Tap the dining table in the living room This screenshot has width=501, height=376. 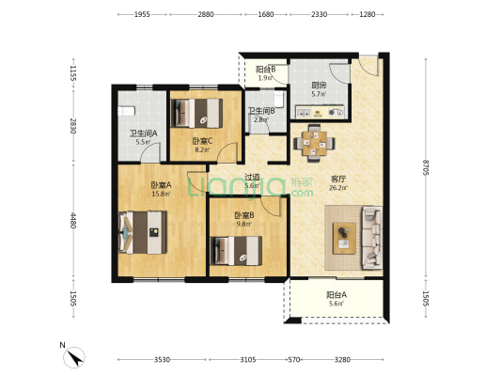tap(315, 143)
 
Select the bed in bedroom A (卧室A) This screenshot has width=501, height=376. tap(143, 232)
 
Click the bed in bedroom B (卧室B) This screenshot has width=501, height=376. tap(236, 251)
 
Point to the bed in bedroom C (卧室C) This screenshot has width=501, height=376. tap(196, 113)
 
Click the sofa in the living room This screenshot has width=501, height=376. tap(372, 238)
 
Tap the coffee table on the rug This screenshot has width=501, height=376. tap(344, 239)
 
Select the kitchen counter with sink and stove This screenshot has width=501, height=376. tap(320, 112)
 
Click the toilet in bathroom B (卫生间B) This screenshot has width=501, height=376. tap(279, 99)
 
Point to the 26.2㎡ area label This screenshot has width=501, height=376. tap(338, 187)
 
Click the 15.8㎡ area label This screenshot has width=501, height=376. tap(161, 194)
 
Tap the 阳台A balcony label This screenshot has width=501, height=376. tap(337, 295)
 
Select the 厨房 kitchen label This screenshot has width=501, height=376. tap(319, 86)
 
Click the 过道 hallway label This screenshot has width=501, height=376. tap(252, 177)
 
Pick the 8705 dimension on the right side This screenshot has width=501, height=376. tap(425, 166)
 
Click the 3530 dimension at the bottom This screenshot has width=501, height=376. tap(162, 360)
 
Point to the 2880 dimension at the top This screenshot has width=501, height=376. tap(206, 14)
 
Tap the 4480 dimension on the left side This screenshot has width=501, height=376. tap(73, 221)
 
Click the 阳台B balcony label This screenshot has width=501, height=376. tap(266, 70)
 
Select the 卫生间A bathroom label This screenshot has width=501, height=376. tap(143, 133)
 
